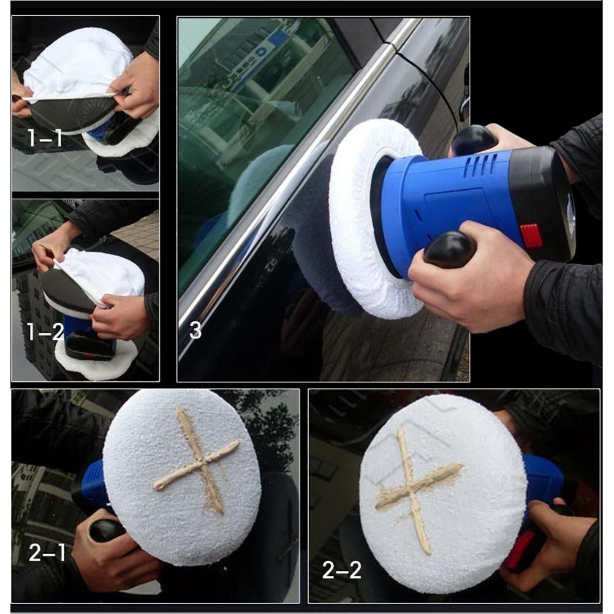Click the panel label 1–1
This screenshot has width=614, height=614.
[x=45, y=137]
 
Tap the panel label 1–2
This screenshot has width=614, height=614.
[x=45, y=332]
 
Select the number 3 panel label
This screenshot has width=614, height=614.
[x=195, y=330]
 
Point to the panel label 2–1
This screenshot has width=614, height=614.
[x=47, y=553]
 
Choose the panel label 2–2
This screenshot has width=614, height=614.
[x=341, y=570]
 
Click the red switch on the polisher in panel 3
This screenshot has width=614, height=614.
[x=531, y=235]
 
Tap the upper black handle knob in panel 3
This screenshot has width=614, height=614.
[x=474, y=140]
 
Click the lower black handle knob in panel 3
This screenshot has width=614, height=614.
[x=450, y=250]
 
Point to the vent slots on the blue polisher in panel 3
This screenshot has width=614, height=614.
[x=481, y=165]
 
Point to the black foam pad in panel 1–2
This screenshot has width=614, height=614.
[x=67, y=290]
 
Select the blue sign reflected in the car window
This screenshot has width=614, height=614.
[x=278, y=40]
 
